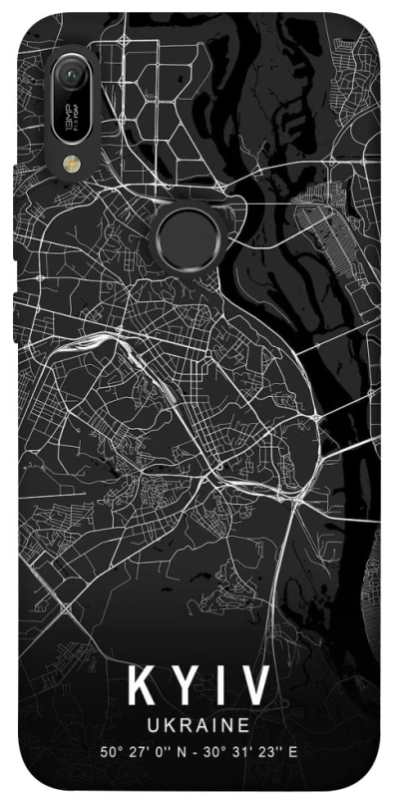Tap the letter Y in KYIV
click(186, 688)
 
